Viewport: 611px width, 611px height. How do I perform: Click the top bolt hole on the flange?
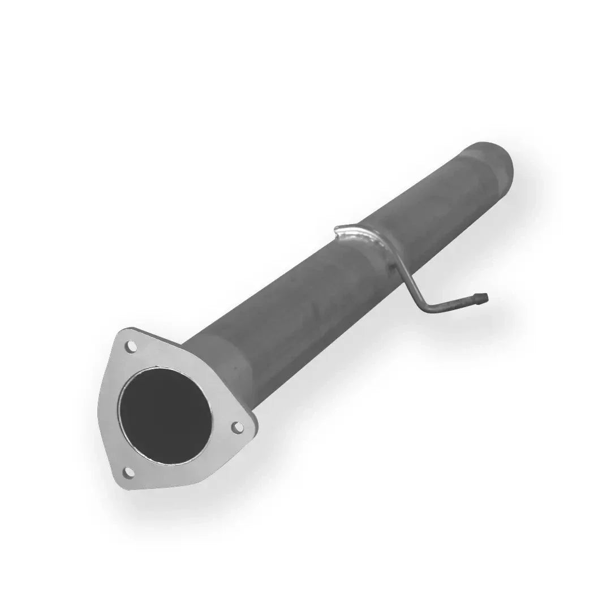click(x=131, y=347)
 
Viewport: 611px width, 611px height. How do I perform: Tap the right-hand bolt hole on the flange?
click(x=238, y=427)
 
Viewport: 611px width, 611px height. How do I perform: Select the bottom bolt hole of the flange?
click(x=128, y=471)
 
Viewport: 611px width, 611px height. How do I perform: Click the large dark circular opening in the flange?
click(x=165, y=415)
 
